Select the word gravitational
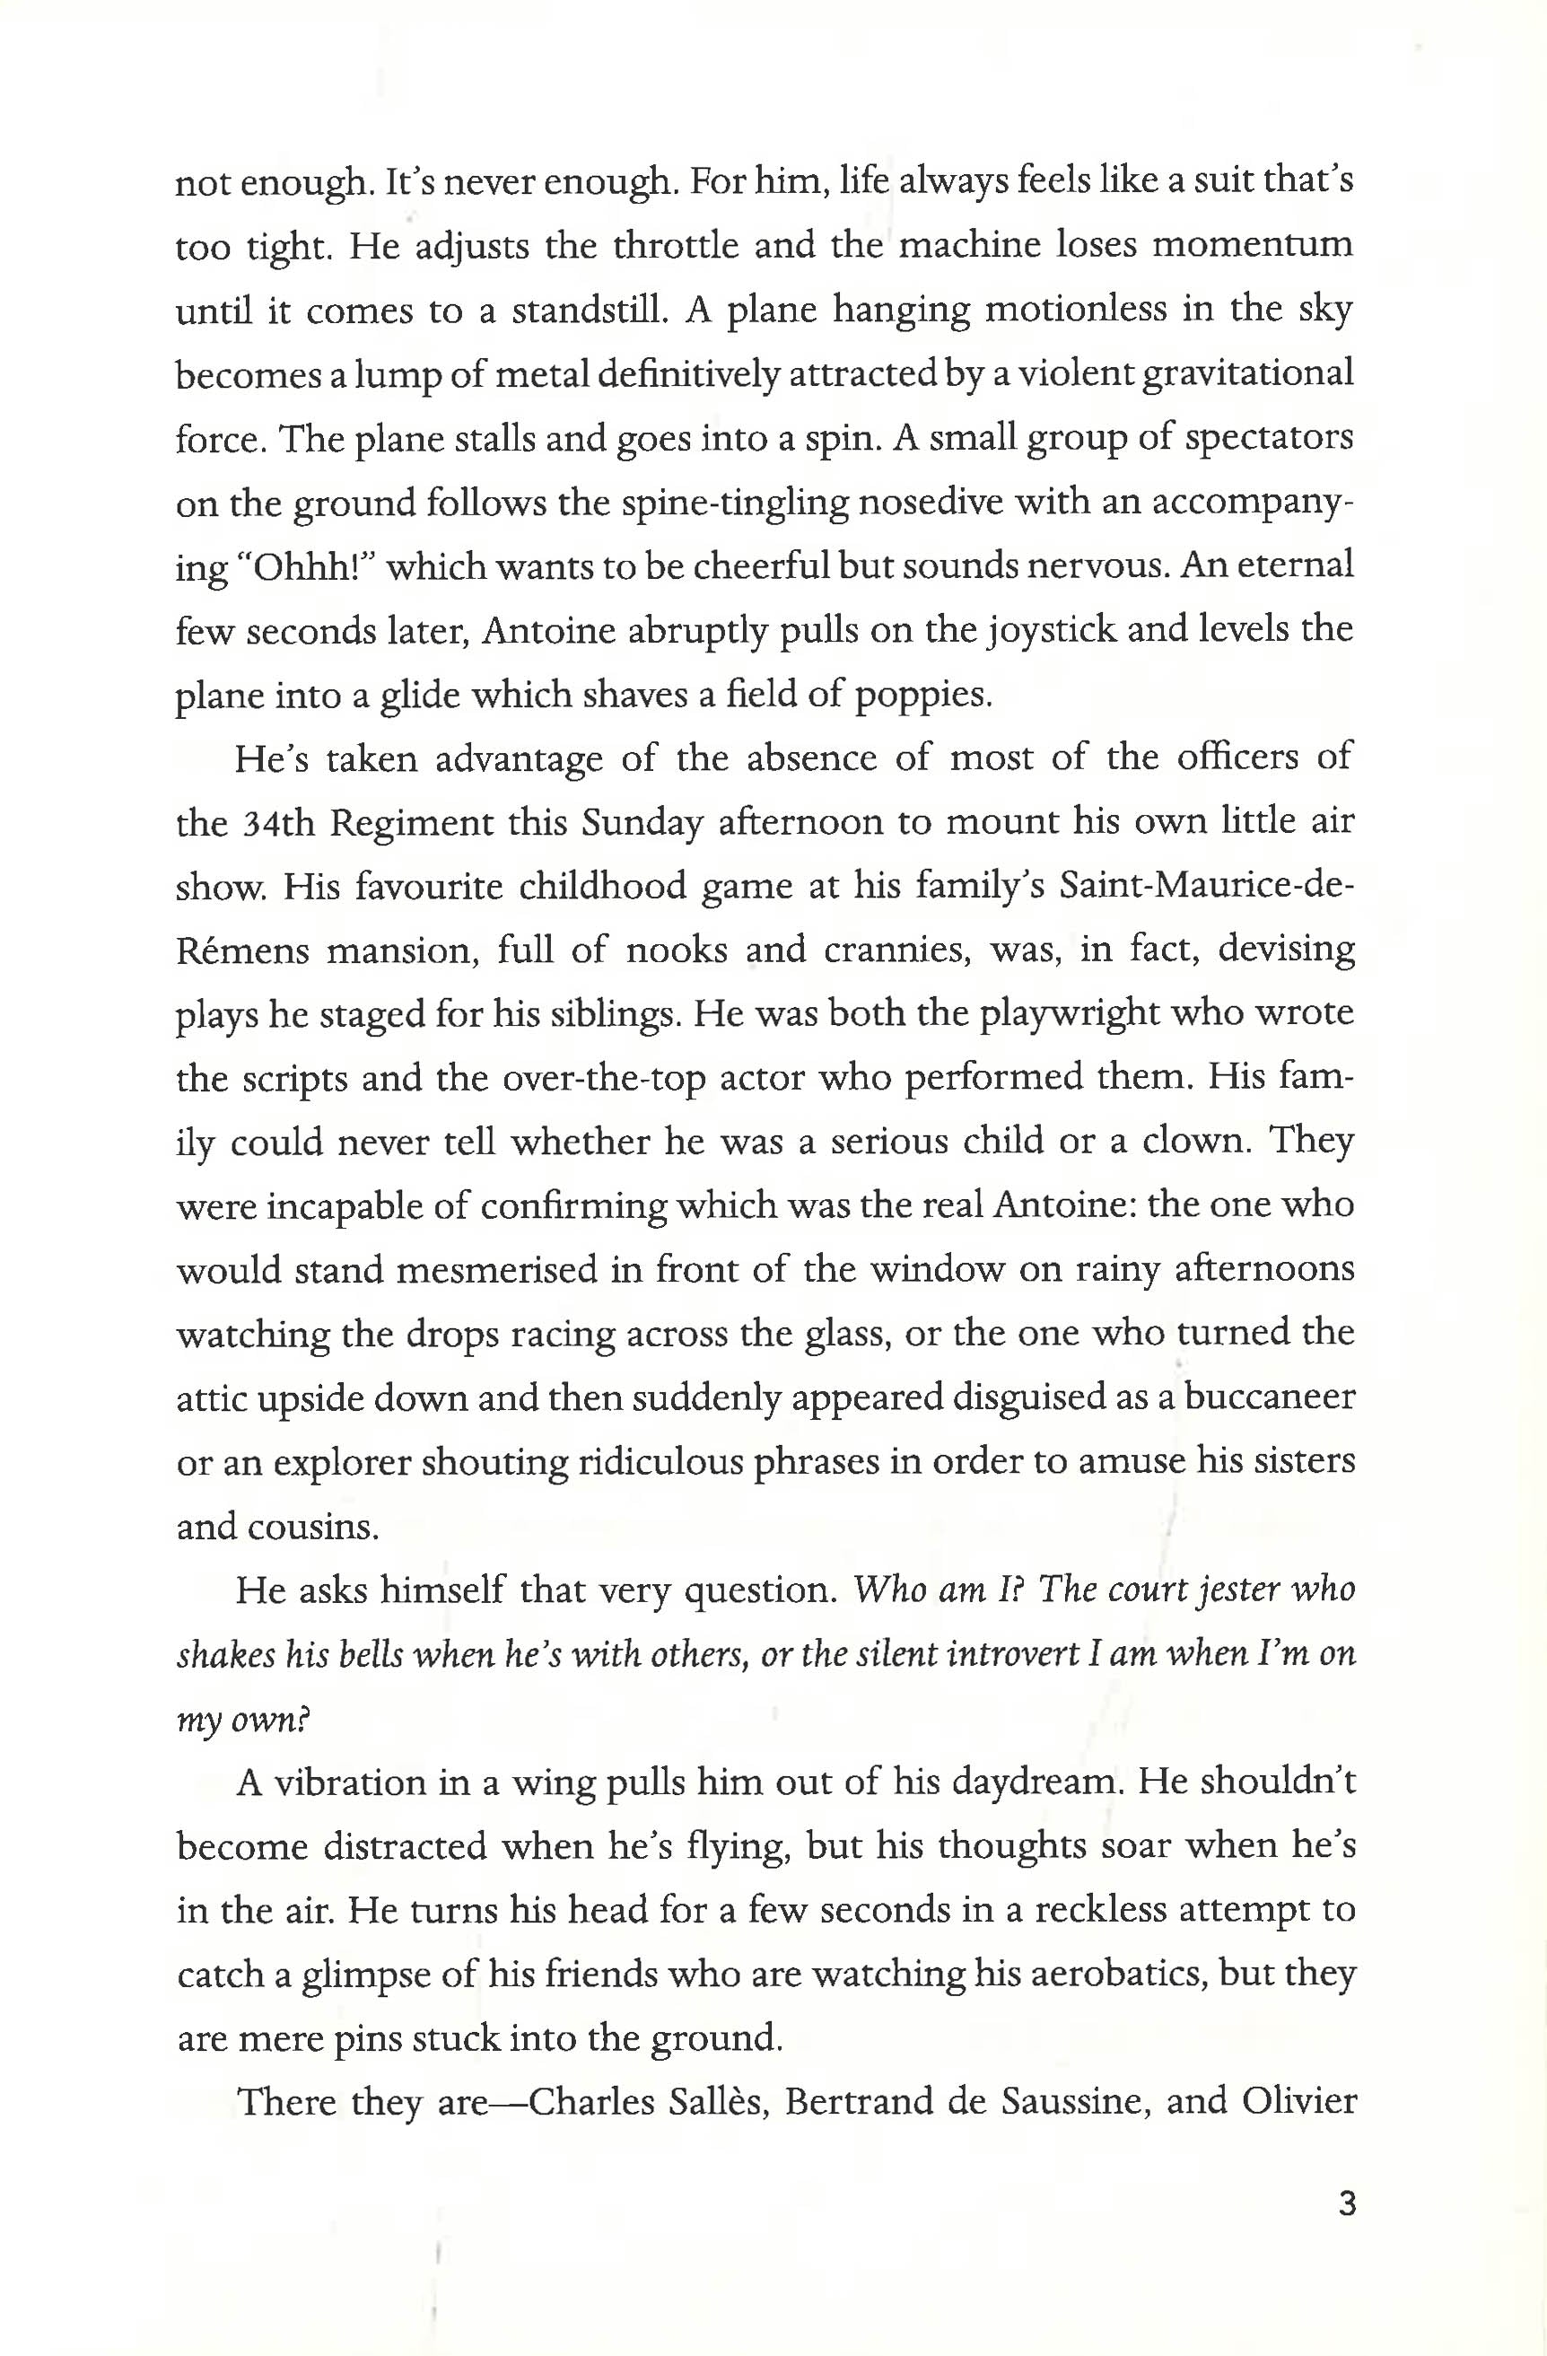[1247, 375]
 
